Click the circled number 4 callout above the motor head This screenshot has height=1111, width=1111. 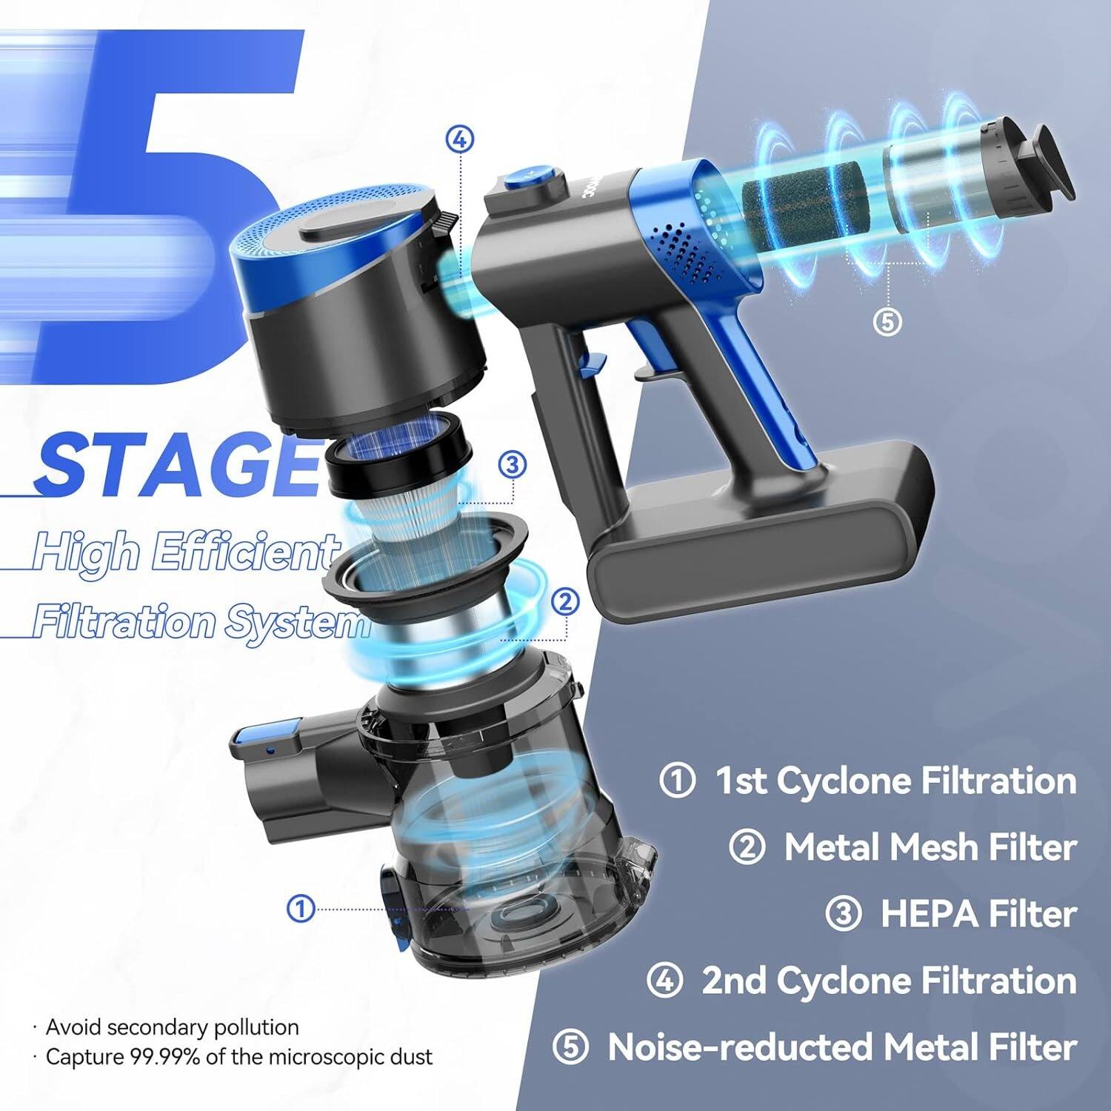pos(460,140)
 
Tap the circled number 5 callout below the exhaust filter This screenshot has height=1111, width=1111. pos(888,322)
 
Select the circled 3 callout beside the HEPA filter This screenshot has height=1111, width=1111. pos(513,465)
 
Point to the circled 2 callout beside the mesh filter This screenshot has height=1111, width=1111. pos(566,602)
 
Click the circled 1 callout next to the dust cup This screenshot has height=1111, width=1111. pos(301,908)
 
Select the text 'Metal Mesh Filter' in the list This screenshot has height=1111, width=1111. pos(930,847)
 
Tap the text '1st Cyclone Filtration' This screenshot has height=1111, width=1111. pos(895,781)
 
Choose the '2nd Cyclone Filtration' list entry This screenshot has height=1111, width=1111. pos(889,981)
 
